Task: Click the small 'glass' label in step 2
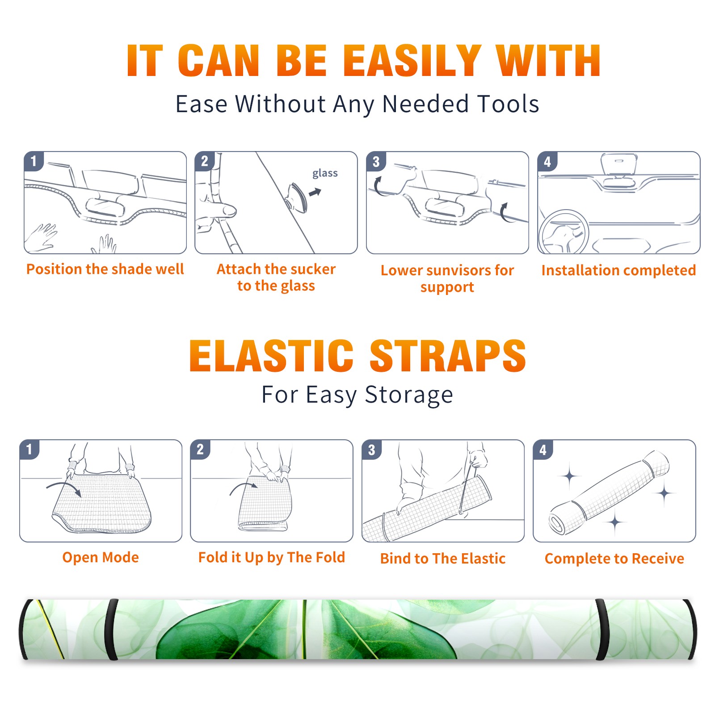coord(325,173)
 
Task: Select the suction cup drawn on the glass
coord(297,197)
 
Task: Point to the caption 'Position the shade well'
coord(105,269)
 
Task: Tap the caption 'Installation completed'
coord(618,270)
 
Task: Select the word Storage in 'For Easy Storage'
coord(408,395)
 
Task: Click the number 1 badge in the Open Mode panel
coord(29,449)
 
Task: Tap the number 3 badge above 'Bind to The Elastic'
coord(372,450)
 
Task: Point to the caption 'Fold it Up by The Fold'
coord(272,558)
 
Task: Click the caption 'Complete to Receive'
coord(614,559)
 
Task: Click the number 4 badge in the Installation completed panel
coord(547,161)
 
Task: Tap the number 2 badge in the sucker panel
coord(205,161)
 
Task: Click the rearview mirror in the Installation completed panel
coord(619,164)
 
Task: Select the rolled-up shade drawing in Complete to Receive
coord(609,493)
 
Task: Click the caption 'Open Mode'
coord(101,557)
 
